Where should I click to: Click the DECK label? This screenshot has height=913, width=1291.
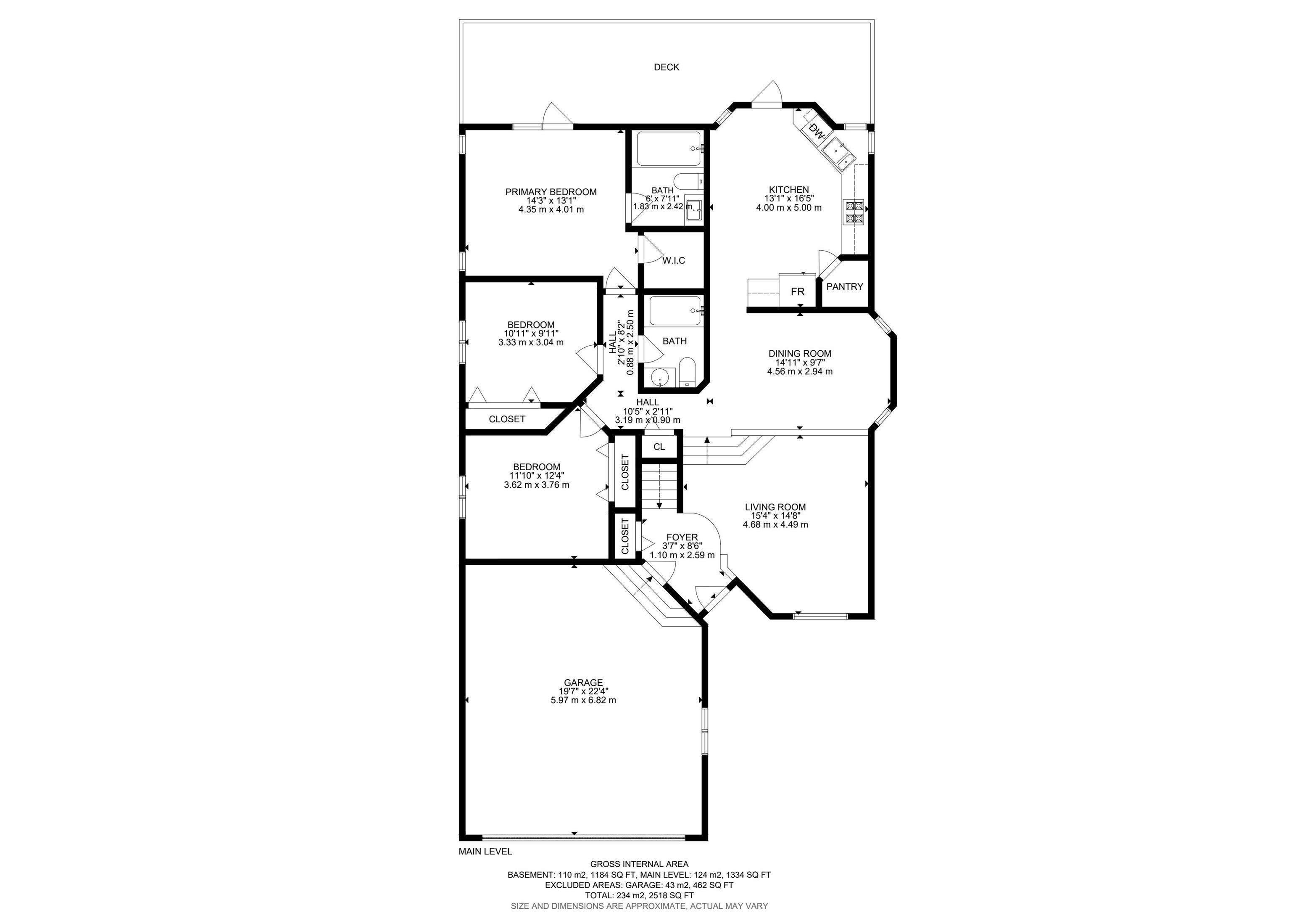667,67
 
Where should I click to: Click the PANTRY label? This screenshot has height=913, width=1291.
845,286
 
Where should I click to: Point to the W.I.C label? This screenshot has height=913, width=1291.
674,260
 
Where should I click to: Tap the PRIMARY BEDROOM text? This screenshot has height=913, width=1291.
551,192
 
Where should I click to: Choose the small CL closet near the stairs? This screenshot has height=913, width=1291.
659,447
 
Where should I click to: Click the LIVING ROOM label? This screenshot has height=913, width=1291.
775,507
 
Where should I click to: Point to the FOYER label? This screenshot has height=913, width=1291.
682,537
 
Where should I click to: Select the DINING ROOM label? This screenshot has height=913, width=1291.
800,353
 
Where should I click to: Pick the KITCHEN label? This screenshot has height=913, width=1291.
789,190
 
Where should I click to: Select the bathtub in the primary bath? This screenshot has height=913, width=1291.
669,148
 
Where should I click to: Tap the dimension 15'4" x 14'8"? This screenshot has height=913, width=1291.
775,516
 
